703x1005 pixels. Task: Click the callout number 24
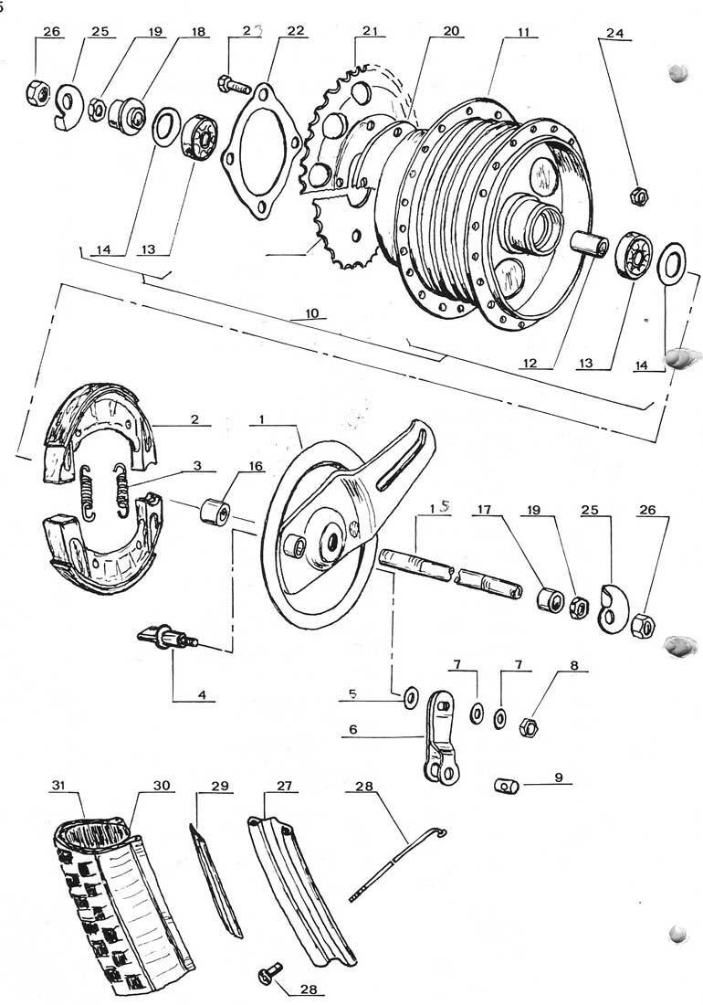(614, 33)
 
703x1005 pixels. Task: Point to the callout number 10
(312, 313)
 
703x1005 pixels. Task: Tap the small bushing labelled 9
(508, 785)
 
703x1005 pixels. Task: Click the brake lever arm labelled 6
(441, 736)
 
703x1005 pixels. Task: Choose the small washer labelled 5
(409, 695)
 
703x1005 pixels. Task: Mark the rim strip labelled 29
(215, 879)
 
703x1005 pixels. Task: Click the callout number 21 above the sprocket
(371, 31)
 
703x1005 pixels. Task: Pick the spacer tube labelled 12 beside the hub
(589, 246)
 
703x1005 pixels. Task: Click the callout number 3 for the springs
(196, 465)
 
